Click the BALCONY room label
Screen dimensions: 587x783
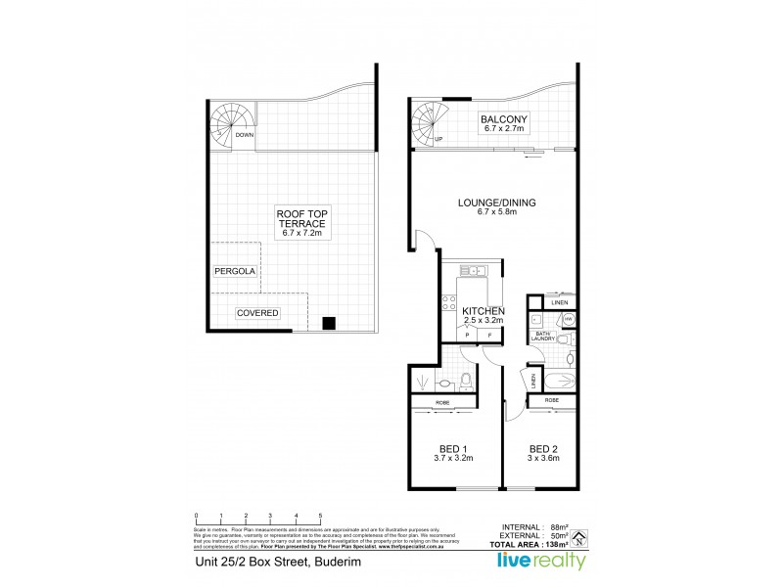(x=503, y=122)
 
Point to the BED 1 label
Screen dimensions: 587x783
(x=452, y=450)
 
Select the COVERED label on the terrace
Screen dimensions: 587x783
(x=257, y=313)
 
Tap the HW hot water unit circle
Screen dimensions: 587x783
(x=569, y=318)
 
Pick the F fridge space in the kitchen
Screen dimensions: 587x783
(x=489, y=336)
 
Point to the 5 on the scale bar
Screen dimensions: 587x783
(x=320, y=515)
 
